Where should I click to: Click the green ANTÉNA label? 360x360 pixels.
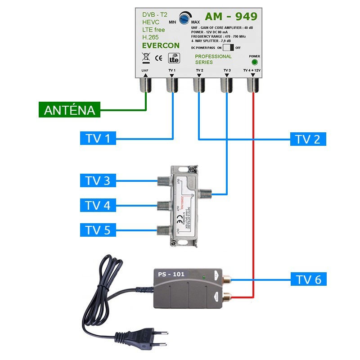coord(70,110)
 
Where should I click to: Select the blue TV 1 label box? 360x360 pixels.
coord(95,138)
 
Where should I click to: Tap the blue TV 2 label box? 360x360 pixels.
coord(308,139)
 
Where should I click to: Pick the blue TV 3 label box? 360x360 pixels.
coord(97,181)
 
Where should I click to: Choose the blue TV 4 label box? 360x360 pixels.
coord(97,206)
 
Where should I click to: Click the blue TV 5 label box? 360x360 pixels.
coord(97,230)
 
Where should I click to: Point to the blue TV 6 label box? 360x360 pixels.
coord(308,279)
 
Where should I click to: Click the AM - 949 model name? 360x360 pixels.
coord(231,17)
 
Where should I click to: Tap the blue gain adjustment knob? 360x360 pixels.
coord(184,19)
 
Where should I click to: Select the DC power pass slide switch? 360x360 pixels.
coord(229,47)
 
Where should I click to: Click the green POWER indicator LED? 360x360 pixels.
coord(254,63)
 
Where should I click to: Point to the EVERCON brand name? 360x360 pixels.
coord(161,45)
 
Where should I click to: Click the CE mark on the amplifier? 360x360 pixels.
coord(158,58)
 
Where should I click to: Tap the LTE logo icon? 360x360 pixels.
coord(174,58)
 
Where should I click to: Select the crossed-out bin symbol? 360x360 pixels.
coord(145,58)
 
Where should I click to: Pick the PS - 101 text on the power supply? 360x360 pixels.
coord(171,274)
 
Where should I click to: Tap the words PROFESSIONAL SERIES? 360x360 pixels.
coord(213,59)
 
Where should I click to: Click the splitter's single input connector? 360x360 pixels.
coord(207,194)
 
